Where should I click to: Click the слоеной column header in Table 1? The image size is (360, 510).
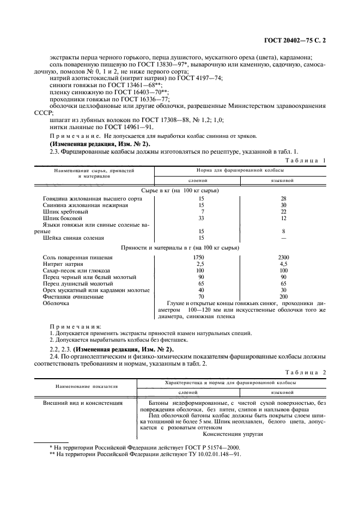[x=202, y=180]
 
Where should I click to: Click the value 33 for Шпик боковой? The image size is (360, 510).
[x=202, y=218]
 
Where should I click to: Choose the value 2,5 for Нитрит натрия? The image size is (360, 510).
[x=202, y=264]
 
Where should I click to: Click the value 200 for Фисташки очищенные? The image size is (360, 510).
[x=283, y=296]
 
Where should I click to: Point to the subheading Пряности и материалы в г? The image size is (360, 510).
[x=180, y=247]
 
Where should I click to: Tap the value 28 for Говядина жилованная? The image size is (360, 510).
[x=283, y=198]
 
